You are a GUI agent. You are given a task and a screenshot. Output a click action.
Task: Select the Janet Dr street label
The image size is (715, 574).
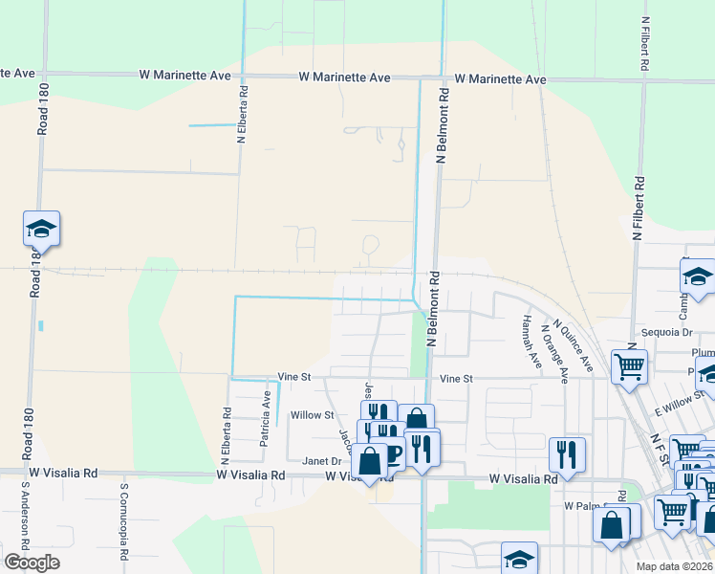(x=322, y=460)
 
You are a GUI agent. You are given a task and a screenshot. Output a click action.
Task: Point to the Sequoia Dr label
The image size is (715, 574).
(x=667, y=332)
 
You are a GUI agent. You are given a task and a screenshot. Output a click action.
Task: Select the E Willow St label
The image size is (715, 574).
(x=680, y=401)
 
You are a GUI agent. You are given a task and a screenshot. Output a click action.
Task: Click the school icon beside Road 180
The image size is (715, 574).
(x=41, y=229)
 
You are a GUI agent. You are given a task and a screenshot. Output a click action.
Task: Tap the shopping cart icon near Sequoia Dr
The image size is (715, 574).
(x=629, y=365)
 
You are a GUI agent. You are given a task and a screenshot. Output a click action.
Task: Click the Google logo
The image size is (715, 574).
(x=32, y=562)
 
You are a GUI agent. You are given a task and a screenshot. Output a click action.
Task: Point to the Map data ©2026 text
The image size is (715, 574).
(x=674, y=565)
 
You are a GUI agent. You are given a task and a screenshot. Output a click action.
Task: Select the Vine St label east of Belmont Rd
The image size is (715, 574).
(x=456, y=379)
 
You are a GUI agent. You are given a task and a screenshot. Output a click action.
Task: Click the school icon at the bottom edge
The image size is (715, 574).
(x=519, y=558)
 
